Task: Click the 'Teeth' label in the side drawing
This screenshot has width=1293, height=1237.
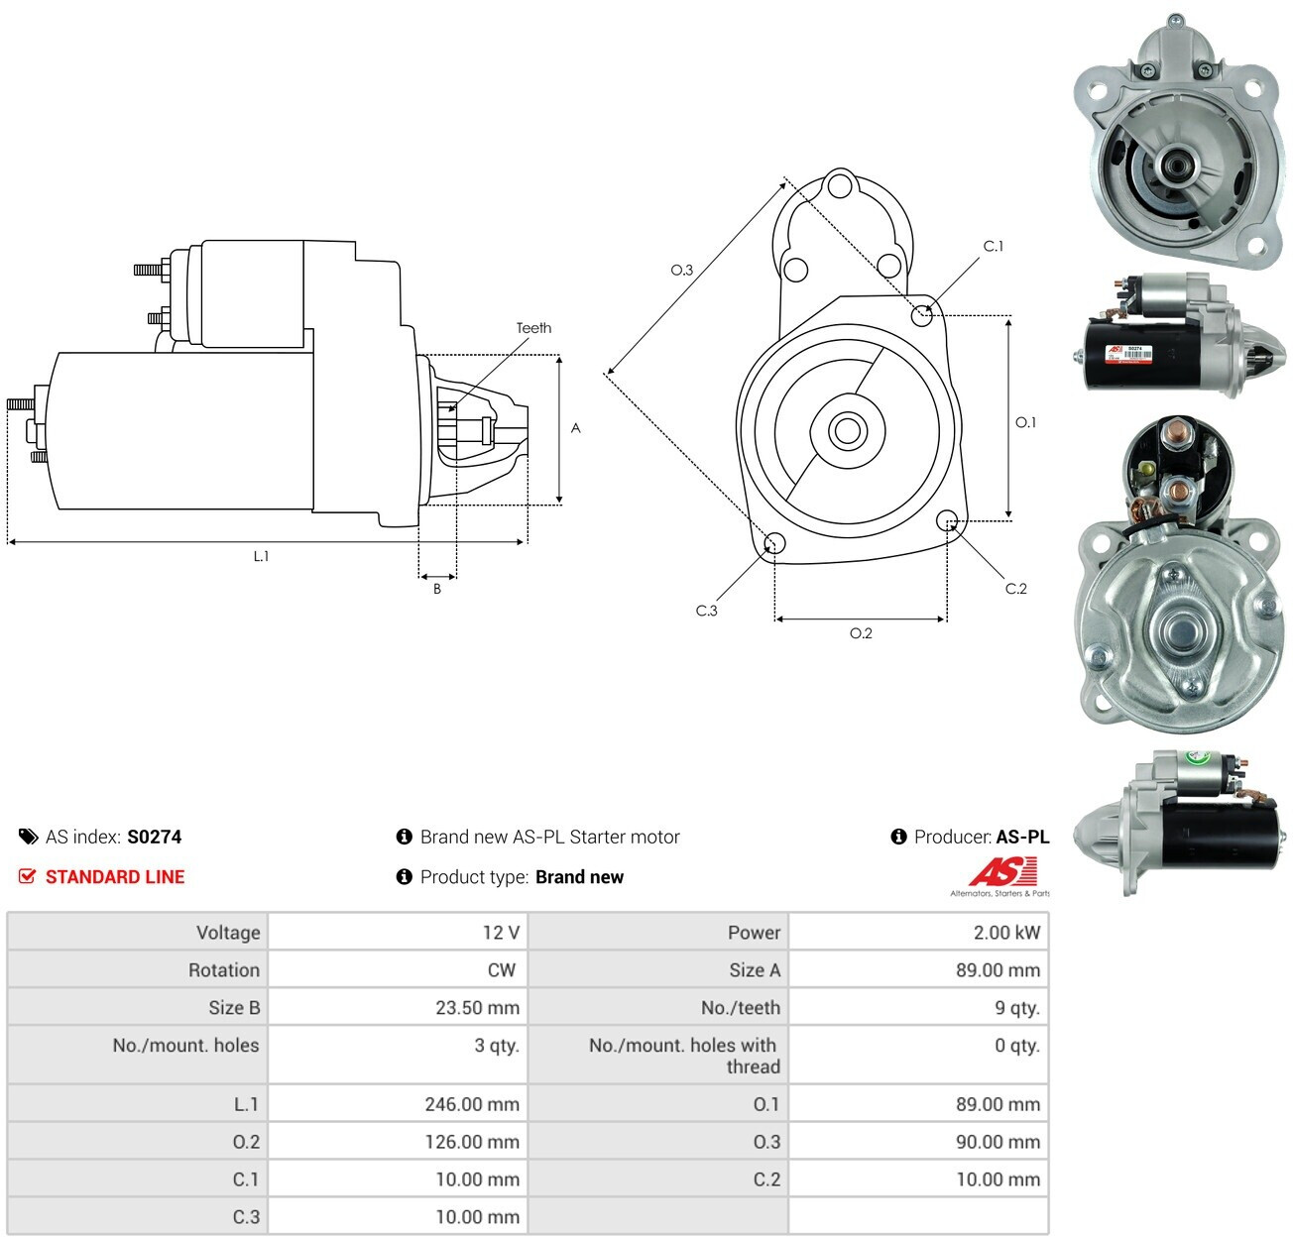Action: [533, 327]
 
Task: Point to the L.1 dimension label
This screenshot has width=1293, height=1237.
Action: [261, 556]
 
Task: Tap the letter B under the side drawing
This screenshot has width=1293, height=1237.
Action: [437, 589]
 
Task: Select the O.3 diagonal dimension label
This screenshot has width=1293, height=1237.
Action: [682, 270]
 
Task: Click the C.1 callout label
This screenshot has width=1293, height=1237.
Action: [994, 246]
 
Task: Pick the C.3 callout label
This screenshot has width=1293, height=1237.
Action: [706, 611]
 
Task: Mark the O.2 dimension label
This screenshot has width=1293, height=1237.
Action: [861, 633]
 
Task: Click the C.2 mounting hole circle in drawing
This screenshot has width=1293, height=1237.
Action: [947, 520]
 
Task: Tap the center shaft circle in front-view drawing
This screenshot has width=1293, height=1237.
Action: [847, 430]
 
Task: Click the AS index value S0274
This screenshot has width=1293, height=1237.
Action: [154, 837]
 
